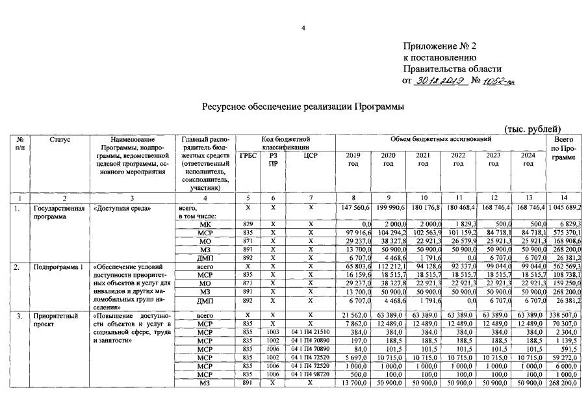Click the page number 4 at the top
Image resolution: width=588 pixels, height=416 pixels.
pos(303,28)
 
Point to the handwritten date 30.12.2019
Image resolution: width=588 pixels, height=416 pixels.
pos(439,81)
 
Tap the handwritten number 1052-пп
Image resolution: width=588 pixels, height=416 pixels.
pos(499,81)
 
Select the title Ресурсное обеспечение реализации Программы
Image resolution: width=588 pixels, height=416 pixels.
pos(303,107)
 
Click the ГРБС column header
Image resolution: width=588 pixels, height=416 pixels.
pos(248,155)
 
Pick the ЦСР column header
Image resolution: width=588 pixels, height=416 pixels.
pos(310,155)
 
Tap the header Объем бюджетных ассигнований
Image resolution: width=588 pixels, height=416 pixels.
pos(441,140)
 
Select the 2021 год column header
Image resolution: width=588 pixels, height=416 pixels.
pos(423,160)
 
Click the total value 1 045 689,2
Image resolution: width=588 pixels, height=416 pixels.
pos(564,207)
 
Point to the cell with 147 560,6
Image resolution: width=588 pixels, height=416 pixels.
pos(355,207)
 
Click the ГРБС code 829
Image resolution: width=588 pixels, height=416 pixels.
pos(248,224)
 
